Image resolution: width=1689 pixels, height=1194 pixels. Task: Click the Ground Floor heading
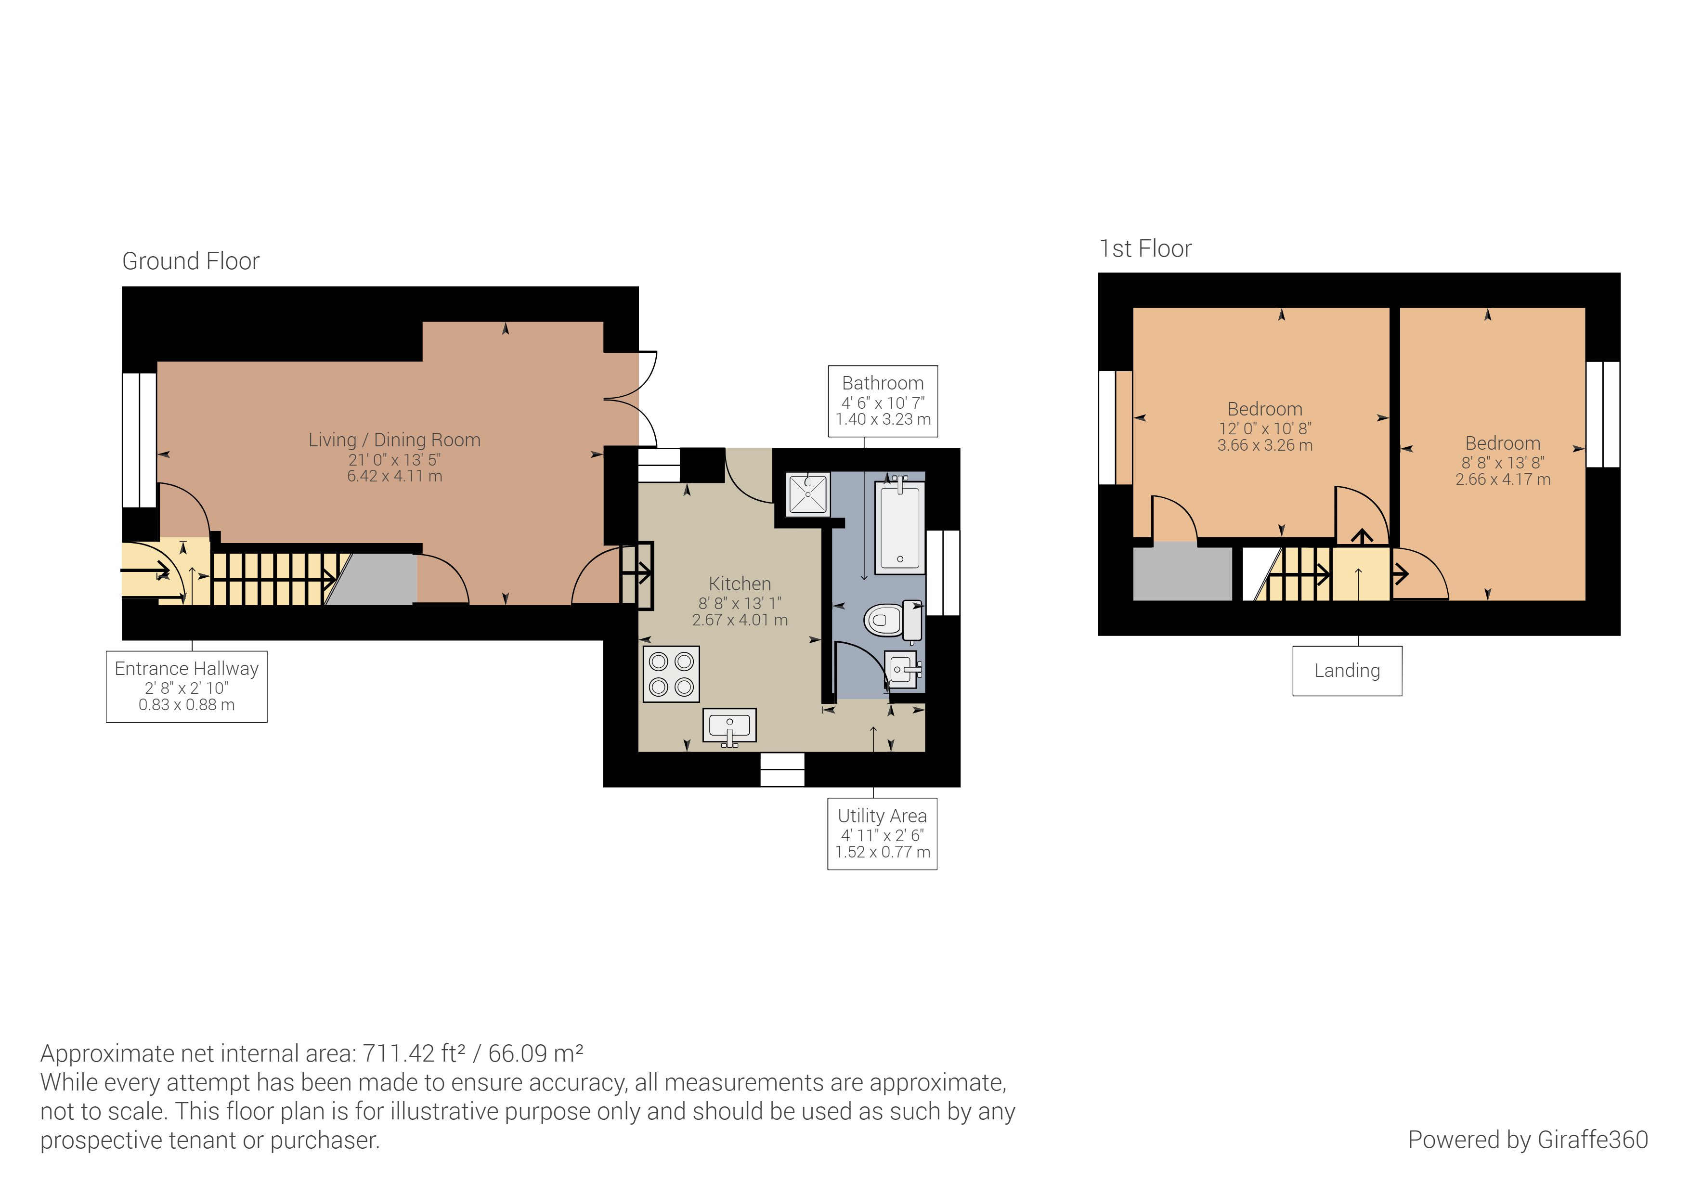pyautogui.click(x=191, y=261)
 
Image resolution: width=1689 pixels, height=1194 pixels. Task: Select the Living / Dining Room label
pyautogui.click(x=394, y=440)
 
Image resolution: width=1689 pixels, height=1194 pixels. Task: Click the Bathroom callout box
pyautogui.click(x=883, y=401)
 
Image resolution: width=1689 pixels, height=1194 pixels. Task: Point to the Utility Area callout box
pyautogui.click(x=882, y=833)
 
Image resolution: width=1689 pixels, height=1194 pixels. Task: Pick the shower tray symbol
pyautogui.click(x=808, y=494)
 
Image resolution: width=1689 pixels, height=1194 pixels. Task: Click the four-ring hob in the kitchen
pyautogui.click(x=671, y=674)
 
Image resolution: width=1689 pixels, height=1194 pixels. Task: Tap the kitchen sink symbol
pyautogui.click(x=729, y=727)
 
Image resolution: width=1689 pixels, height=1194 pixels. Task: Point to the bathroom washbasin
pyautogui.click(x=903, y=670)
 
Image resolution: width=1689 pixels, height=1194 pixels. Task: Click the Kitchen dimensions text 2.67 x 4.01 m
pyautogui.click(x=740, y=620)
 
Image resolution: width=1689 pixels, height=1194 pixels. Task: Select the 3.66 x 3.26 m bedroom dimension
pyautogui.click(x=1264, y=445)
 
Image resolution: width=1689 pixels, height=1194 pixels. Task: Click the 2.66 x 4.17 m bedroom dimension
pyautogui.click(x=1502, y=480)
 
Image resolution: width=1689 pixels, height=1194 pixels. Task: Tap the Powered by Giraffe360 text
pyautogui.click(x=1527, y=1140)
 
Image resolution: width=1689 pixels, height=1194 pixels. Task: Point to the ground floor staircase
pyautogui.click(x=272, y=579)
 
